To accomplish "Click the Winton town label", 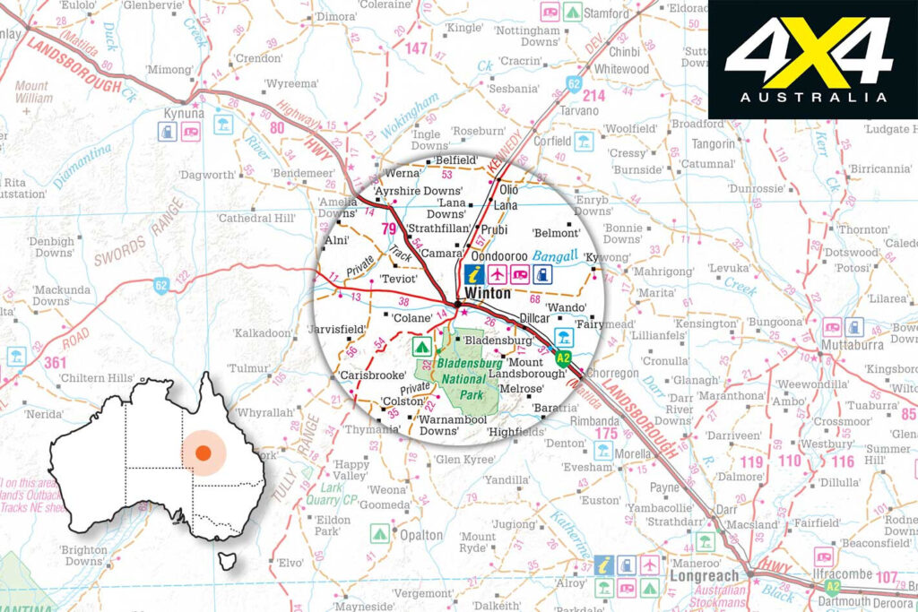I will pyautogui.click(x=488, y=293).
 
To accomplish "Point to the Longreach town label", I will pyautogui.click(x=705, y=575).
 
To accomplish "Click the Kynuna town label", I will pyautogui.click(x=184, y=114).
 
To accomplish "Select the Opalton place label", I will pyautogui.click(x=420, y=535).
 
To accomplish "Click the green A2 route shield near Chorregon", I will pyautogui.click(x=562, y=359).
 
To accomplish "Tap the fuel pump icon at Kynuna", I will pyautogui.click(x=167, y=131).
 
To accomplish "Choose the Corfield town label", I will pyautogui.click(x=551, y=141).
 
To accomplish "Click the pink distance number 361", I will pyautogui.click(x=55, y=362).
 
